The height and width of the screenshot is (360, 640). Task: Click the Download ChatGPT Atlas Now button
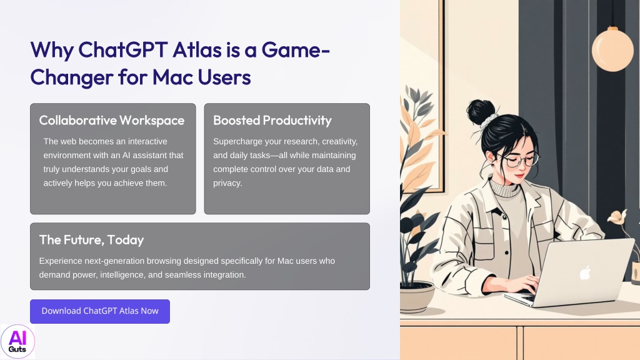click(100, 311)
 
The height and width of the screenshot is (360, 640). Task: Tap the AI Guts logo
click(17, 342)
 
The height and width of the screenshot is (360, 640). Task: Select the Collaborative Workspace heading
click(112, 121)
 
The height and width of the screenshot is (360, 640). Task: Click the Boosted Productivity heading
click(272, 121)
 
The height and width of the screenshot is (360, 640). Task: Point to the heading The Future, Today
click(91, 239)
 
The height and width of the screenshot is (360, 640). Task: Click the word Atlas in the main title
click(197, 50)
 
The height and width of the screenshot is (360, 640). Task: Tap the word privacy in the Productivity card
click(227, 183)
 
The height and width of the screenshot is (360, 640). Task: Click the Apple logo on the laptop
click(585, 272)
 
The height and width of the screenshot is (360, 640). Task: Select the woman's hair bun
click(481, 111)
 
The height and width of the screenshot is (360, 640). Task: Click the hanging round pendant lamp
click(612, 49)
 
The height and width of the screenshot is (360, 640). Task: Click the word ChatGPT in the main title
click(123, 50)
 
